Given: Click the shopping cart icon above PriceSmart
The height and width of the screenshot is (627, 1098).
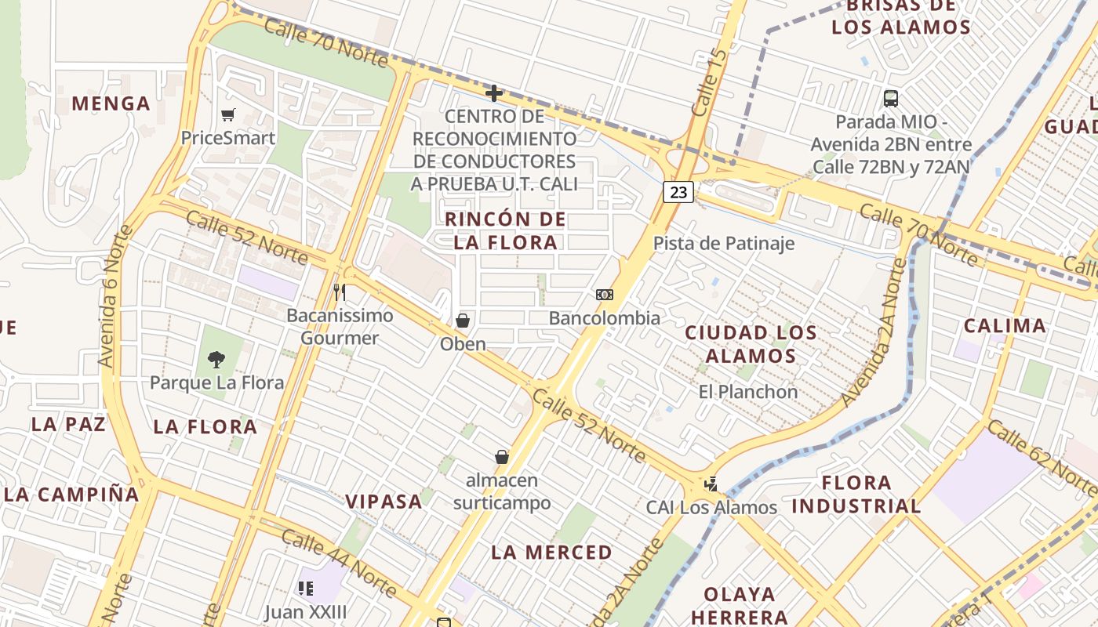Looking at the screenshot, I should point(228,115).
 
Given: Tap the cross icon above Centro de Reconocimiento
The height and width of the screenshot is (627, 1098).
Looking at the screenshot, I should point(493,94).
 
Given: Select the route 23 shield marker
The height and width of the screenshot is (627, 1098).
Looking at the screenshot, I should point(678,192).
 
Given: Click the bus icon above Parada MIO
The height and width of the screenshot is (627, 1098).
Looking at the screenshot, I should point(891,99).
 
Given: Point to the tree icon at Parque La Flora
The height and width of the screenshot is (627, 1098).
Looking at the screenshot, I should point(216,360).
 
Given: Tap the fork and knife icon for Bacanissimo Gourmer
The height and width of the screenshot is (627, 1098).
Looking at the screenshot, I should point(340,292).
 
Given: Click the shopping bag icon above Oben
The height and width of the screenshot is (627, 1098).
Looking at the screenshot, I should point(463,321).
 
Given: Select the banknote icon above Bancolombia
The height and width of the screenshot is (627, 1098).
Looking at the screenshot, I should point(604,295).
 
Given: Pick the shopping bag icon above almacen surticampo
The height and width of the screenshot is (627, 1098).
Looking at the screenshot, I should point(502,457).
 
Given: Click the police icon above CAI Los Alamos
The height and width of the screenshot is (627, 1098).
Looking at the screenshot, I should point(711,484).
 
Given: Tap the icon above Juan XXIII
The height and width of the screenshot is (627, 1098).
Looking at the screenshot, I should point(306,588).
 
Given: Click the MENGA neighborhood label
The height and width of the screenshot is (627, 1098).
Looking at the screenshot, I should point(111,103).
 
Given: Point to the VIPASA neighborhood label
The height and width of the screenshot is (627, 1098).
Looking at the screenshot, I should point(384,502).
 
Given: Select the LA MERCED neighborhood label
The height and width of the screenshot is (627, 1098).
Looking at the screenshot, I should point(551,553).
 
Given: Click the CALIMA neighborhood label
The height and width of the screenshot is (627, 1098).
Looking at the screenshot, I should point(1005,326).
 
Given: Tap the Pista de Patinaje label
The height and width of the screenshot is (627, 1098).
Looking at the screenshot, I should point(724,244).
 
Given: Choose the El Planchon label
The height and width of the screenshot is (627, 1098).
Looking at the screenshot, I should point(747,392).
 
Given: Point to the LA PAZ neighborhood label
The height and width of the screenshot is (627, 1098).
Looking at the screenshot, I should point(68,425).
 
